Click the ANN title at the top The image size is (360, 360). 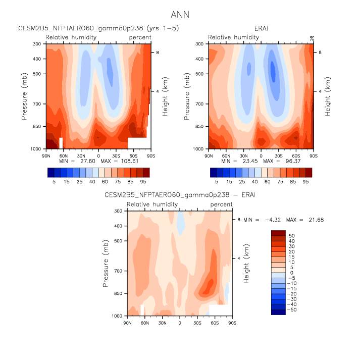pos(180,15)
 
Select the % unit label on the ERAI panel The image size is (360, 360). pos(312,37)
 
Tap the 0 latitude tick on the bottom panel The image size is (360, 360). pos(180,321)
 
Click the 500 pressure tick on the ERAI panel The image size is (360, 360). pos(200,74)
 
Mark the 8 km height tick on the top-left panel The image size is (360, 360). pos(157,53)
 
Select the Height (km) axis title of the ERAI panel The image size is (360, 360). pos(327,96)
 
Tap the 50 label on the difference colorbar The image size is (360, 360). pos(291,236)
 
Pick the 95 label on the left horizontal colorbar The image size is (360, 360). pos(143,181)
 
